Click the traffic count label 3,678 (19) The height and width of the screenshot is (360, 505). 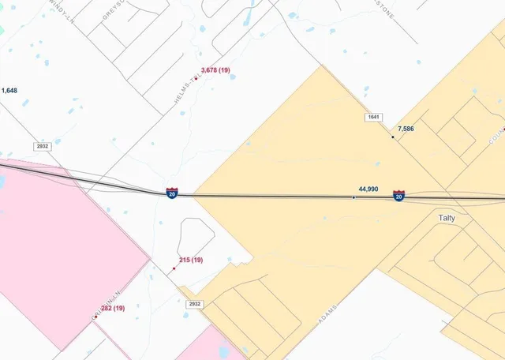215,70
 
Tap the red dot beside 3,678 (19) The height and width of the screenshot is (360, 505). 195,78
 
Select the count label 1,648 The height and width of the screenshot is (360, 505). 9,91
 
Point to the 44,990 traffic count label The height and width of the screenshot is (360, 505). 368,189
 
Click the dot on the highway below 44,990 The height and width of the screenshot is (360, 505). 353,197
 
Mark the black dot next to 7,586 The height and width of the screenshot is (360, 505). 393,137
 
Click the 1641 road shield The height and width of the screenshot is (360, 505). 373,118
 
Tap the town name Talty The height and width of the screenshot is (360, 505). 447,218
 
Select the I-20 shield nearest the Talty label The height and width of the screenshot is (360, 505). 399,195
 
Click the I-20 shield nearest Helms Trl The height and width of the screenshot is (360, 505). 171,193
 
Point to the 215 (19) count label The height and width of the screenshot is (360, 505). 191,260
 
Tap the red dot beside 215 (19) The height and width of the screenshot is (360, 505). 174,268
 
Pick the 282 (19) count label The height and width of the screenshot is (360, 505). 113,308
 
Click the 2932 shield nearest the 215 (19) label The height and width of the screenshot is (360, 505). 195,304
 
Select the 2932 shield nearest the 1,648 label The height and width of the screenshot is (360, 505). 43,147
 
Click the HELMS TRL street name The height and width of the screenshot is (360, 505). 182,93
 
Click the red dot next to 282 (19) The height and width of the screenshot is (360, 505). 95,316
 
